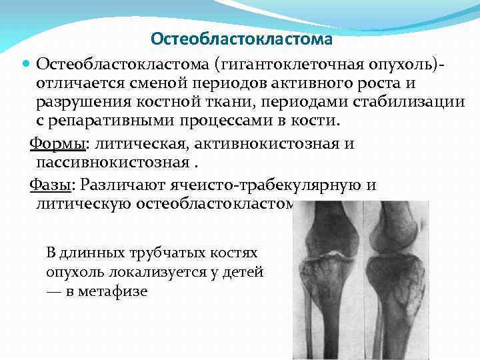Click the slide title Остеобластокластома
(241, 39)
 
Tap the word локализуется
(165, 273)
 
